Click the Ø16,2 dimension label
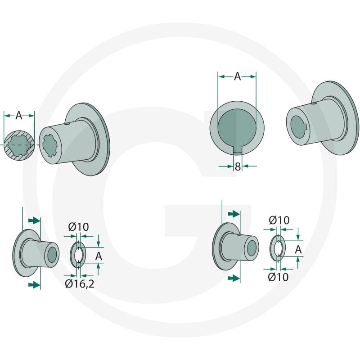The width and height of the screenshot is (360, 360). tap(80, 284)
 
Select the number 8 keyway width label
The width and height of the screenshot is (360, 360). tap(238, 166)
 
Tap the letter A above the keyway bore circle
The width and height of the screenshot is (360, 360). tap(238, 76)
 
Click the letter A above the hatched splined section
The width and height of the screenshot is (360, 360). tap(19, 116)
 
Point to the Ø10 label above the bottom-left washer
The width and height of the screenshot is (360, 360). tap(78, 227)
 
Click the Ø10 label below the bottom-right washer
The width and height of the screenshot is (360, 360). tap(278, 277)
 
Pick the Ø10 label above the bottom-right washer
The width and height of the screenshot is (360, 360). tap(279, 220)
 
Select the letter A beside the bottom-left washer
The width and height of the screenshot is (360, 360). tap(99, 256)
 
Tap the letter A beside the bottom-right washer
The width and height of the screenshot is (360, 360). tap(298, 250)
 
